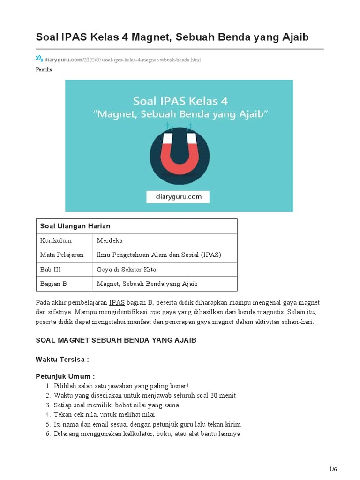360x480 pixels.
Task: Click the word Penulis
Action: pyautogui.click(x=44, y=70)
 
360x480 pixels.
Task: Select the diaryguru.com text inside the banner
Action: pyautogui.click(x=179, y=197)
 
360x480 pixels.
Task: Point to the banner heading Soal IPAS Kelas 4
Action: pyautogui.click(x=179, y=100)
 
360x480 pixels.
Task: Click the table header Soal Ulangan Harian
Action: pyautogui.click(x=75, y=226)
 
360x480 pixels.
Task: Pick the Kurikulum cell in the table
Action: pyautogui.click(x=56, y=240)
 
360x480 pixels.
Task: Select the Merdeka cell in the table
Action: pyautogui.click(x=110, y=240)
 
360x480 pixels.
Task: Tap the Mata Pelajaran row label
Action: pyautogui.click(x=62, y=255)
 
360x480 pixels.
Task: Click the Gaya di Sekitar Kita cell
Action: pyautogui.click(x=127, y=270)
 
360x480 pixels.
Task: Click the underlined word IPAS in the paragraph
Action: pyautogui.click(x=117, y=303)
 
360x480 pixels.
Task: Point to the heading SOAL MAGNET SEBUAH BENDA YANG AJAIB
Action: pyautogui.click(x=116, y=340)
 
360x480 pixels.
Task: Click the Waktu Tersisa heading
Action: pyautogui.click(x=62, y=360)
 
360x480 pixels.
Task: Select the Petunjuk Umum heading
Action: pyautogui.click(x=65, y=376)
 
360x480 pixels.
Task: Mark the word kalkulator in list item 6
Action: pyautogui.click(x=133, y=434)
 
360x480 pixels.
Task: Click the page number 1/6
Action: pyautogui.click(x=333, y=469)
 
